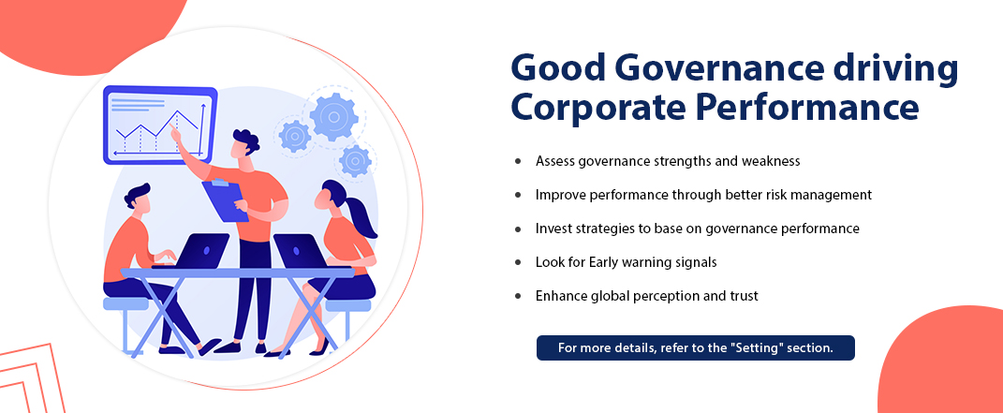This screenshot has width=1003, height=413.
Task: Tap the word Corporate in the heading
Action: click(597, 108)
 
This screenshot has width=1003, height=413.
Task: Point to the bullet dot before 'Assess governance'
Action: click(518, 161)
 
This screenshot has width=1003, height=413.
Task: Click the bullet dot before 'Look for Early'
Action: click(518, 262)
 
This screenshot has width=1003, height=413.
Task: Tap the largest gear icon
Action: click(332, 116)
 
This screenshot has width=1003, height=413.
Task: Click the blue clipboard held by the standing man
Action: click(225, 200)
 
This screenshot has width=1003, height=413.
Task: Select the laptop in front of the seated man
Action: click(194, 251)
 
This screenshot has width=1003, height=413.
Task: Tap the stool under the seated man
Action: click(125, 319)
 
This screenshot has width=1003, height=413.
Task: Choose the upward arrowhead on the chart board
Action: click(203, 107)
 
